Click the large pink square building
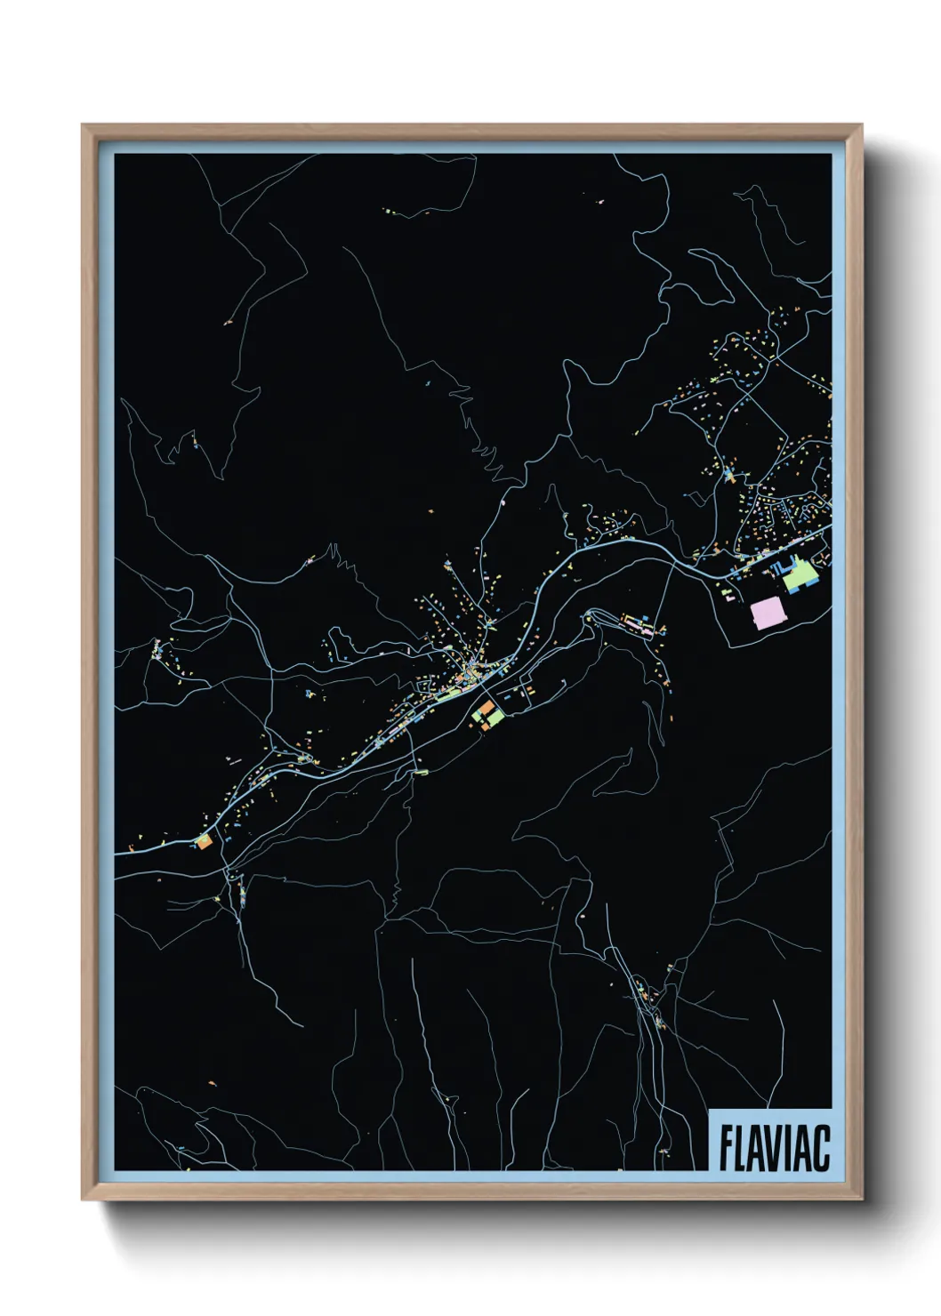tap(768, 613)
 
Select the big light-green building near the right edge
tap(800, 575)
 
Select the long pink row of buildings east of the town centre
tap(642, 626)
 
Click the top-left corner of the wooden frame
tap(84, 126)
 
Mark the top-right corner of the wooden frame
tap(861, 126)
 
